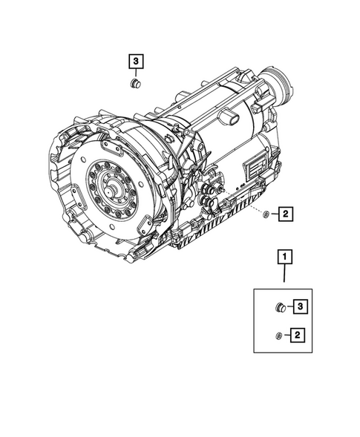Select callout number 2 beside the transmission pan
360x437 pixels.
click(286, 215)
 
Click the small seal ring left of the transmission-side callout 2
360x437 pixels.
click(265, 215)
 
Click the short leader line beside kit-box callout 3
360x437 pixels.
click(291, 306)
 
